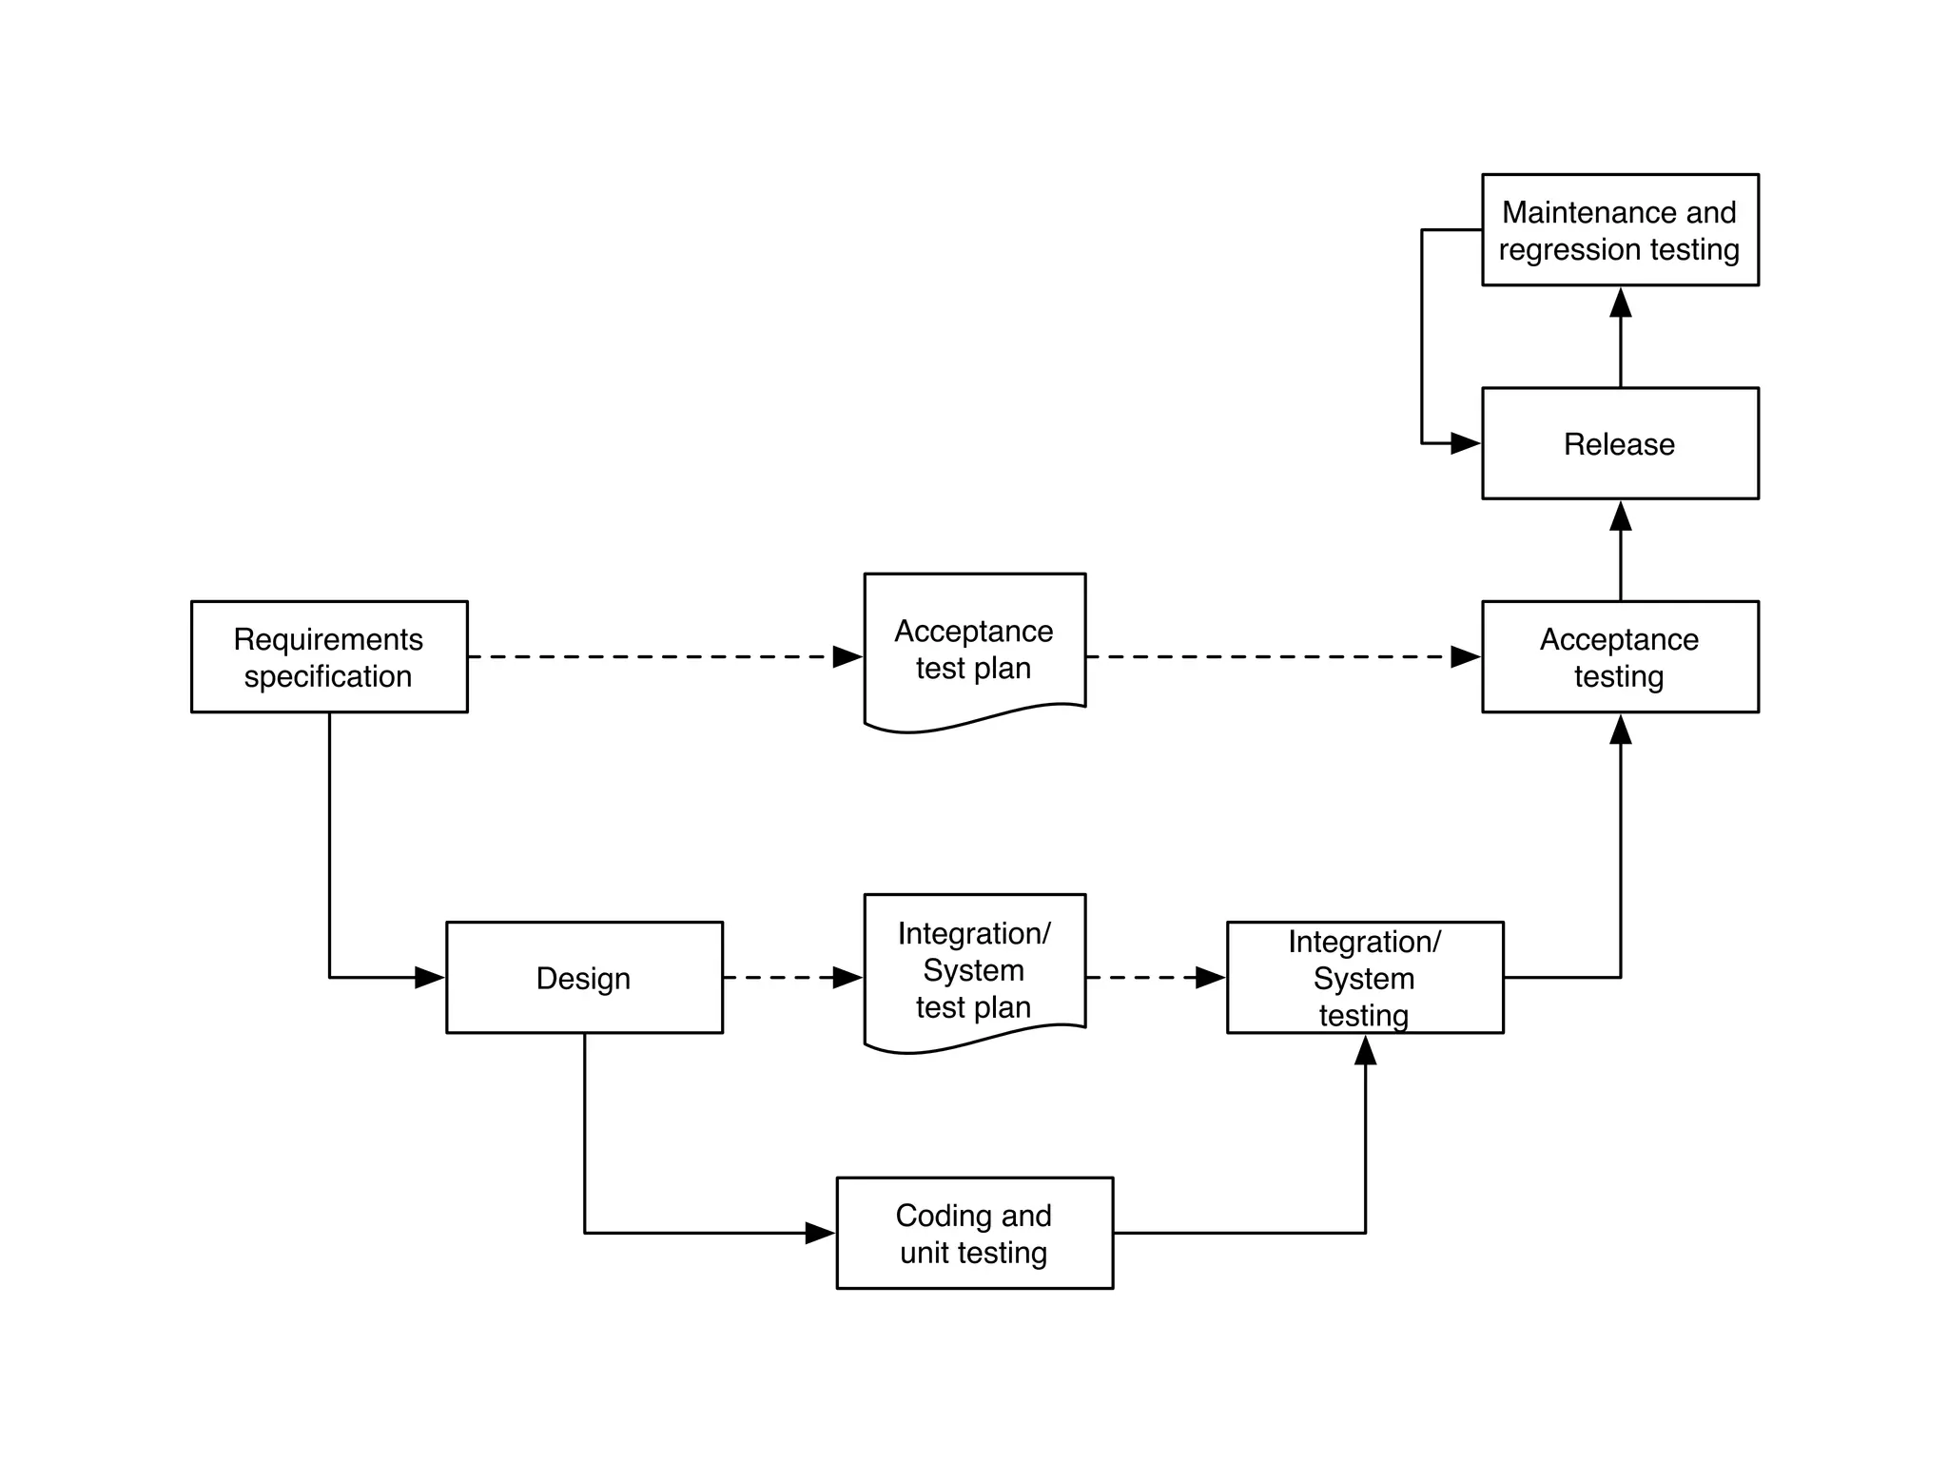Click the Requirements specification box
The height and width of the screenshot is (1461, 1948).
tap(329, 656)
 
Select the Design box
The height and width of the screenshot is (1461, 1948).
tap(584, 977)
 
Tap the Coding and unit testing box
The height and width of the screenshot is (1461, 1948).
tap(974, 1233)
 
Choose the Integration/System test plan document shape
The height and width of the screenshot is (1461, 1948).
tap(974, 969)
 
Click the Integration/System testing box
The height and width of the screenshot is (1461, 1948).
tap(1365, 977)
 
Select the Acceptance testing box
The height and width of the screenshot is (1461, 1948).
tap(1620, 656)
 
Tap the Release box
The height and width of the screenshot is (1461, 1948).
tap(1620, 443)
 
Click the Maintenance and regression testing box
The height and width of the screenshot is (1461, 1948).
tap(1620, 229)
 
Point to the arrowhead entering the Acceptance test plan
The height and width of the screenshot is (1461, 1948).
tap(847, 656)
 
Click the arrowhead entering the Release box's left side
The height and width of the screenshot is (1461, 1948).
tap(1465, 443)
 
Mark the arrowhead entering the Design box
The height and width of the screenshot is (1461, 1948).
tap(430, 977)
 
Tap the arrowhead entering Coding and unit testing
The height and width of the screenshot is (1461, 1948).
tap(820, 1233)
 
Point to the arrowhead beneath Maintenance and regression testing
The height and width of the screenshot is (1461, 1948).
tap(1621, 303)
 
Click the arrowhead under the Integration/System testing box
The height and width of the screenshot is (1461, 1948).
tap(1366, 1051)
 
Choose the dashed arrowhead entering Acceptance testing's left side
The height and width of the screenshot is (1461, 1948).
tap(1465, 656)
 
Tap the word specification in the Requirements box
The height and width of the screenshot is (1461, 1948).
tap(328, 676)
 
